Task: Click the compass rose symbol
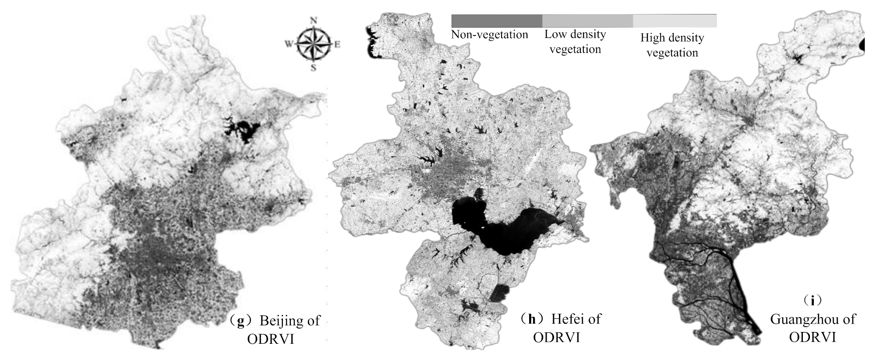pos(313,44)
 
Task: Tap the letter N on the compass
pos(313,20)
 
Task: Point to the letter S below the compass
pos(313,67)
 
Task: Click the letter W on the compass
pos(289,44)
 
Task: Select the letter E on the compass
pos(337,44)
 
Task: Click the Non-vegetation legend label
pos(490,35)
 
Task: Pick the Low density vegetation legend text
pos(575,42)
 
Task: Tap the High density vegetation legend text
pos(672,45)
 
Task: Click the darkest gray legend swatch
pos(497,21)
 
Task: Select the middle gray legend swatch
pos(587,21)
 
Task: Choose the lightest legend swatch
pos(675,21)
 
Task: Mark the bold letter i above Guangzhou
pos(813,301)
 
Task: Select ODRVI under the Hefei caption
pos(556,337)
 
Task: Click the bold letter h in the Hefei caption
pos(532,319)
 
